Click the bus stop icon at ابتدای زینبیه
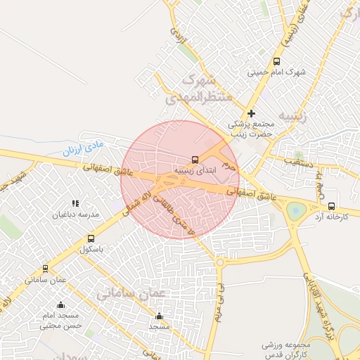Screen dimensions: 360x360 195,160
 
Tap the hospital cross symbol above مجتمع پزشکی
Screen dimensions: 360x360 251,113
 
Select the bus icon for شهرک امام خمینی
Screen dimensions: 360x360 276,61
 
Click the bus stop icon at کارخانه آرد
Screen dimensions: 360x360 331,206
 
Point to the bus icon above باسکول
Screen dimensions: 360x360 91,239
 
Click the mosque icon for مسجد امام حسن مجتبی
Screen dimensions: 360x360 60,305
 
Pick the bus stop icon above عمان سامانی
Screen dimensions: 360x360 46,269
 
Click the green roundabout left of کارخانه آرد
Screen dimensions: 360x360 295,209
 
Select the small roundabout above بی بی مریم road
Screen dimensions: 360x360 219,262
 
